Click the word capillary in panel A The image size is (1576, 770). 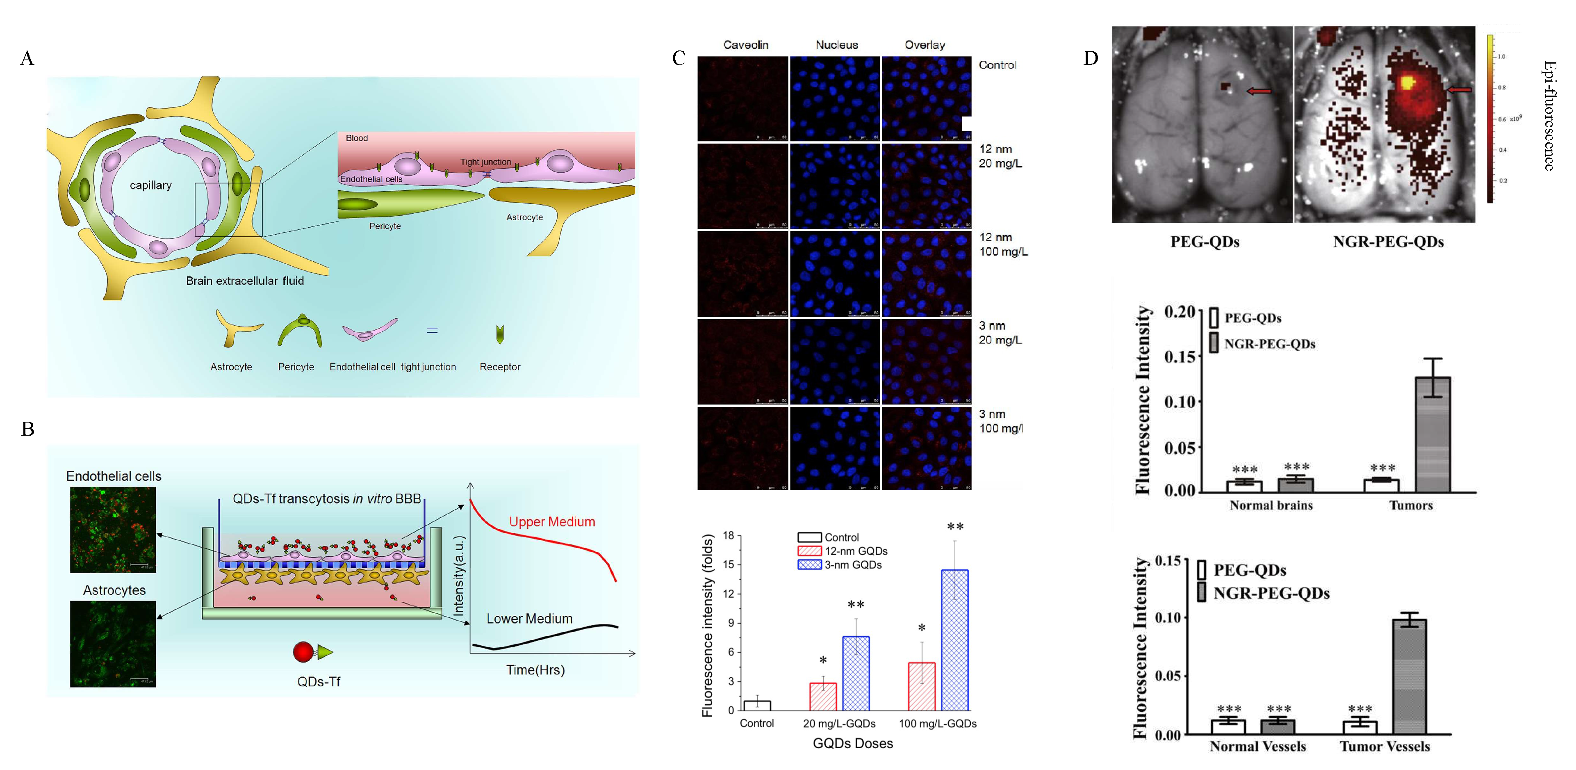(x=150, y=185)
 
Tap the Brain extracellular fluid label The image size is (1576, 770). (x=245, y=281)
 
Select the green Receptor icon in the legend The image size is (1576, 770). (x=500, y=334)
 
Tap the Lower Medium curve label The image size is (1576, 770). (x=529, y=619)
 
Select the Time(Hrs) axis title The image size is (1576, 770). (x=535, y=670)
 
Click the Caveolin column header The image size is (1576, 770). (x=745, y=45)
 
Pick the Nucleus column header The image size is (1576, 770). (x=836, y=45)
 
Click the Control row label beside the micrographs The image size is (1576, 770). (x=997, y=65)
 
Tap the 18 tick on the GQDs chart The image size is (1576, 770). (x=728, y=536)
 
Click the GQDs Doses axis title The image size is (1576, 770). (x=852, y=744)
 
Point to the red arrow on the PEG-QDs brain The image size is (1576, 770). (x=1259, y=91)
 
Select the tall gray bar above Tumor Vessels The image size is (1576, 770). (x=1409, y=676)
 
